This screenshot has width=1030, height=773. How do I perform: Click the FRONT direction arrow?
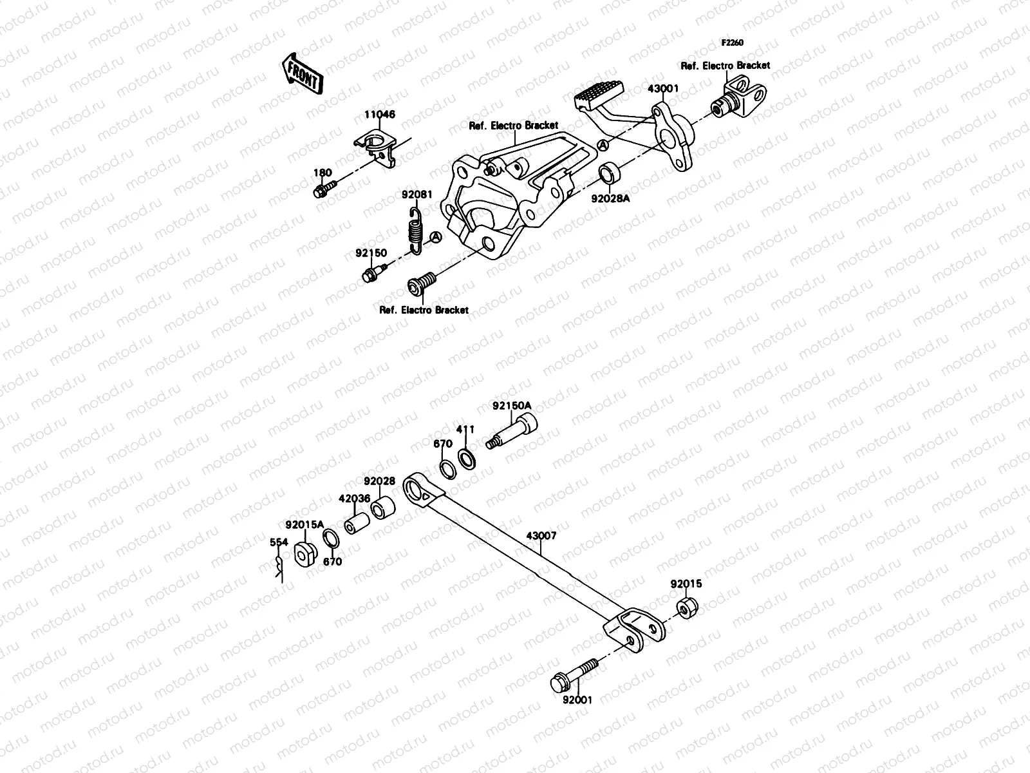point(301,73)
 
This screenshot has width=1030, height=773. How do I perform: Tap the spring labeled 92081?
point(415,229)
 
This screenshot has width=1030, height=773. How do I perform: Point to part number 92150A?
point(512,406)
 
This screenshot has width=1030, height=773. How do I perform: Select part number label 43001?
point(662,88)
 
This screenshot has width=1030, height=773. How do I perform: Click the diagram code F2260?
point(732,43)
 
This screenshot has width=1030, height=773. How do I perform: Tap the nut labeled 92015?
point(686,607)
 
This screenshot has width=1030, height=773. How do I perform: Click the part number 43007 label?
point(541,535)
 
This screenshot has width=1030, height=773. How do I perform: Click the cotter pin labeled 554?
point(279,567)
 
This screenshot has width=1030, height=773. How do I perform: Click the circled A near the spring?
point(436,238)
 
